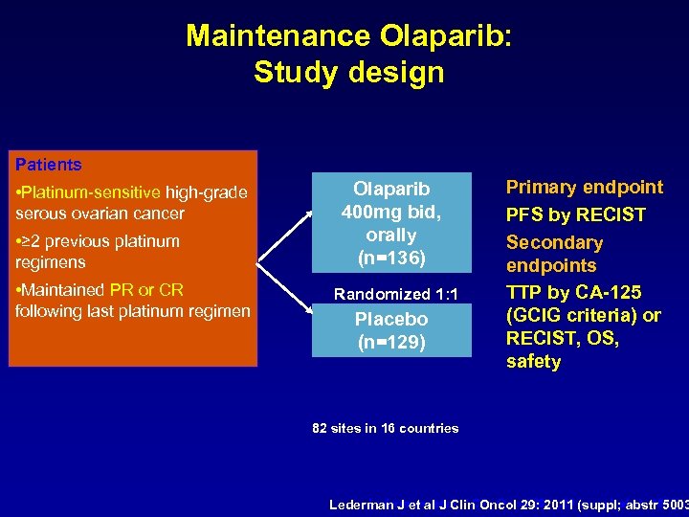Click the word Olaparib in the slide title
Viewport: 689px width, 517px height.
tap(446, 35)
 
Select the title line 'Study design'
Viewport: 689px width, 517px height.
tap(349, 73)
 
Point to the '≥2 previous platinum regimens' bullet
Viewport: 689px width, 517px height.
tap(96, 251)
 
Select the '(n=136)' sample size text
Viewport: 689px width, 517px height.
tap(391, 257)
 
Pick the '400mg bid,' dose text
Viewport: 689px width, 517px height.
tap(391, 212)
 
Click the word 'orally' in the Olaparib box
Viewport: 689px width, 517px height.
tap(391, 235)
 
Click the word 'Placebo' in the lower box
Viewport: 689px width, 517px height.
tap(391, 319)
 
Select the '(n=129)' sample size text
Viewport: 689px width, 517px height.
tap(391, 341)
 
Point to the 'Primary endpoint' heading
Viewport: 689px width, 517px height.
tap(584, 188)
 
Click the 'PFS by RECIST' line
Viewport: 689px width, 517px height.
tap(575, 215)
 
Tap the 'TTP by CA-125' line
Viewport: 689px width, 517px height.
tap(573, 292)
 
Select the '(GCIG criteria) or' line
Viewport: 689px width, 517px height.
tap(583, 315)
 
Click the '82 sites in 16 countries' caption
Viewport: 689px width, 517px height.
tap(386, 428)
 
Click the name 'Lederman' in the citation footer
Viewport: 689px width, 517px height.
tap(364, 504)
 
